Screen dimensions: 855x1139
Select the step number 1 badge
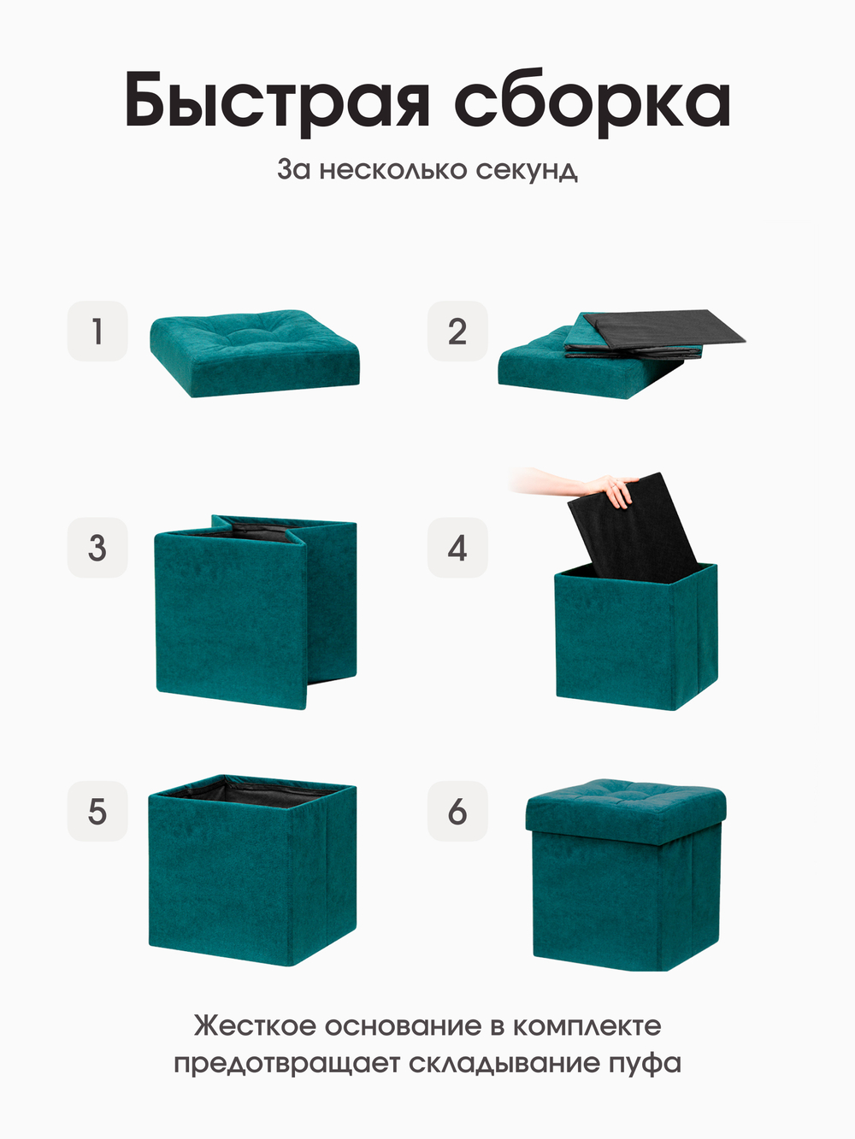(x=97, y=331)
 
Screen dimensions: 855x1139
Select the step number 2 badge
(x=457, y=331)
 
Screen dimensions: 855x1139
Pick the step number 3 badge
(x=97, y=548)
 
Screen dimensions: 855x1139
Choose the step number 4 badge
(x=457, y=548)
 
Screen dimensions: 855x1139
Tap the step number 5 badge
(x=97, y=811)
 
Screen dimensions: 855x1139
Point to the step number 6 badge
(x=457, y=811)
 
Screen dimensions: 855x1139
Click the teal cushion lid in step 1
(x=255, y=353)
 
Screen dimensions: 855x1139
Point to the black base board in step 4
(x=636, y=529)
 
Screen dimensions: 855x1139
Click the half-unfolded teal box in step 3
(x=256, y=613)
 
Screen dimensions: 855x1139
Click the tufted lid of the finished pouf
(x=626, y=811)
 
